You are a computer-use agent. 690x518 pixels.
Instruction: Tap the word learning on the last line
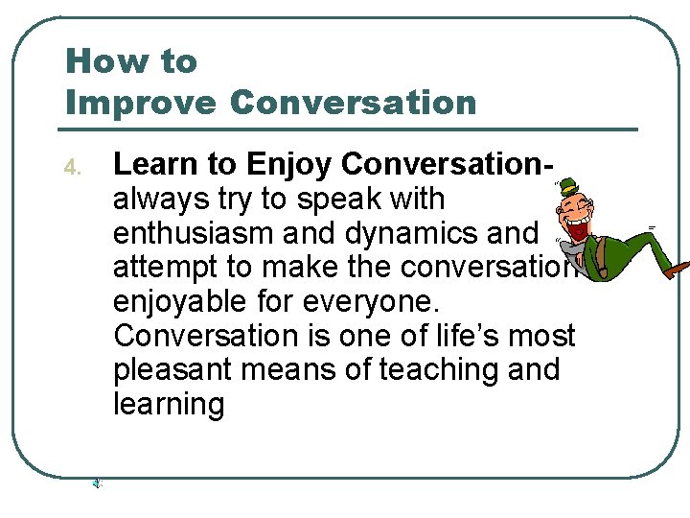click(169, 405)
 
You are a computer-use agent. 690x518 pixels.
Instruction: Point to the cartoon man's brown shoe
click(678, 270)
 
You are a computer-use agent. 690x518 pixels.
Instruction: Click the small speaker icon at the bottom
click(97, 484)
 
